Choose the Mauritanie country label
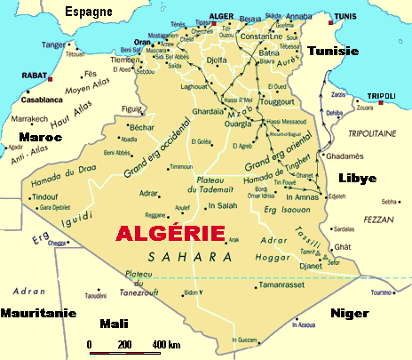pyautogui.click(x=36, y=313)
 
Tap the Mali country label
pyautogui.click(x=115, y=324)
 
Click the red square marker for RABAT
pyautogui.click(x=51, y=79)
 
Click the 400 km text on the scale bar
pyautogui.click(x=167, y=345)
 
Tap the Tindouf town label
pyautogui.click(x=44, y=196)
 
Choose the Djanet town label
pyautogui.click(x=310, y=266)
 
